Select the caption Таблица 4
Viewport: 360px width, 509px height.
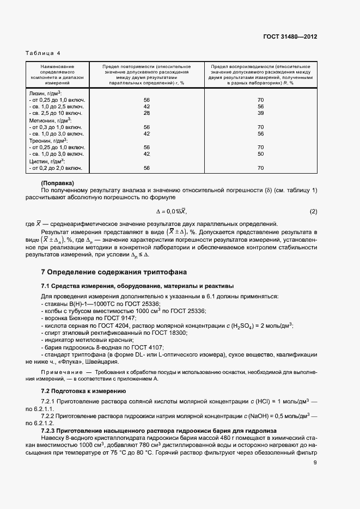tap(43, 53)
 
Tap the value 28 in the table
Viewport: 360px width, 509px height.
tap(147, 113)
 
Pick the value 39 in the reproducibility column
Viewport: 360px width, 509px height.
tap(260, 113)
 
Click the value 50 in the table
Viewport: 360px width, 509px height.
tap(260, 154)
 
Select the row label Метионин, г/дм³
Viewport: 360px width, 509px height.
tap(50, 120)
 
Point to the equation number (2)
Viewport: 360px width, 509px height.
tap(313, 211)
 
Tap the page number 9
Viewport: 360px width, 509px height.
tap(315, 463)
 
